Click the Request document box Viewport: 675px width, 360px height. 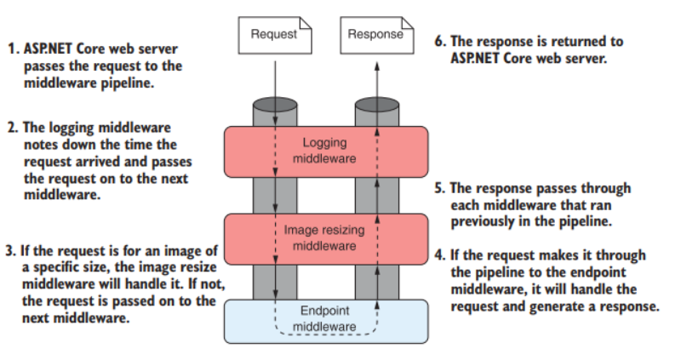[x=274, y=35]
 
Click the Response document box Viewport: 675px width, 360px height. [x=375, y=35]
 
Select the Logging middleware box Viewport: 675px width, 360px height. [x=325, y=150]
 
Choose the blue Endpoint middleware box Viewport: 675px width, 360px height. [x=325, y=319]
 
